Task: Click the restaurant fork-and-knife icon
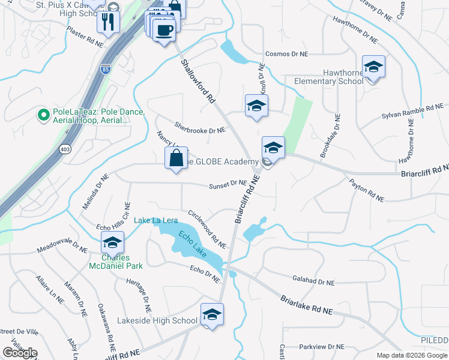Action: [x=108, y=22]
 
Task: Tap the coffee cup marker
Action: [x=164, y=29]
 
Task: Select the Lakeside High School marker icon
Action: [x=212, y=314]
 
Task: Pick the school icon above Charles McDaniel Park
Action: [x=112, y=243]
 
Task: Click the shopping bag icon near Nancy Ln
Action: [x=176, y=158]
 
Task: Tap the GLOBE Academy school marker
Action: [x=273, y=148]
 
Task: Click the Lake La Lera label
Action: [x=155, y=220]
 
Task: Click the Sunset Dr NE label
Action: [x=228, y=185]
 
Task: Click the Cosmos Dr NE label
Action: [x=286, y=54]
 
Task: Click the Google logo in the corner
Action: [x=20, y=352]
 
